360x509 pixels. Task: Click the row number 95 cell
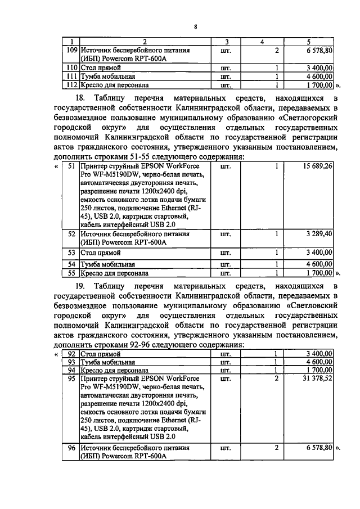[x=71, y=379]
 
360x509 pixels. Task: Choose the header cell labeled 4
[x=262, y=42]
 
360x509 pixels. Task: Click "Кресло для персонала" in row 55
[x=114, y=273]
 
